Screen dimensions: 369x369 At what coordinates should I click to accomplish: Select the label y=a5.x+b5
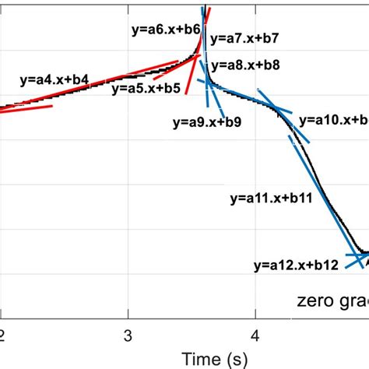point(146,89)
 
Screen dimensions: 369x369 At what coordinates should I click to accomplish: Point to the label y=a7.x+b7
point(244,37)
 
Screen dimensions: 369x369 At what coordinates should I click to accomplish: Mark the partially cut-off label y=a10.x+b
point(335,119)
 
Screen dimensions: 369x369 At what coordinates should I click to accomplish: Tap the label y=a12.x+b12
point(296,265)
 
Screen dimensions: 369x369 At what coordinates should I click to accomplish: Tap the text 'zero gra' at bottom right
point(332,300)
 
